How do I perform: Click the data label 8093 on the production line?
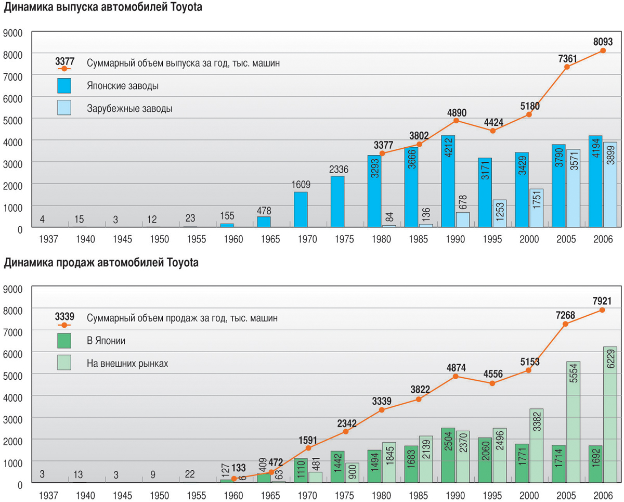click(x=603, y=42)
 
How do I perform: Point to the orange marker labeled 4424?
click(x=492, y=131)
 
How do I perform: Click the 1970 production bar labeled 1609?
click(x=301, y=210)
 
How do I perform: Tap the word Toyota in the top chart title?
click(x=185, y=8)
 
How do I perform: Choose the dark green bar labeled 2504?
click(x=448, y=456)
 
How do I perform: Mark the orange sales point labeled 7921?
click(x=603, y=310)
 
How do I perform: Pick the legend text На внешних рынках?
click(x=127, y=364)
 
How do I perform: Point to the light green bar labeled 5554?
click(x=574, y=422)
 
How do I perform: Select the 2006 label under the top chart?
click(x=603, y=240)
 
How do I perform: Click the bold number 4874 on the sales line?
click(x=456, y=367)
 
